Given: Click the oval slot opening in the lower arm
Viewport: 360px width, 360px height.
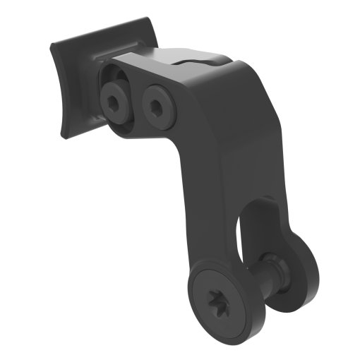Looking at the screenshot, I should pyautogui.click(x=244, y=233).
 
